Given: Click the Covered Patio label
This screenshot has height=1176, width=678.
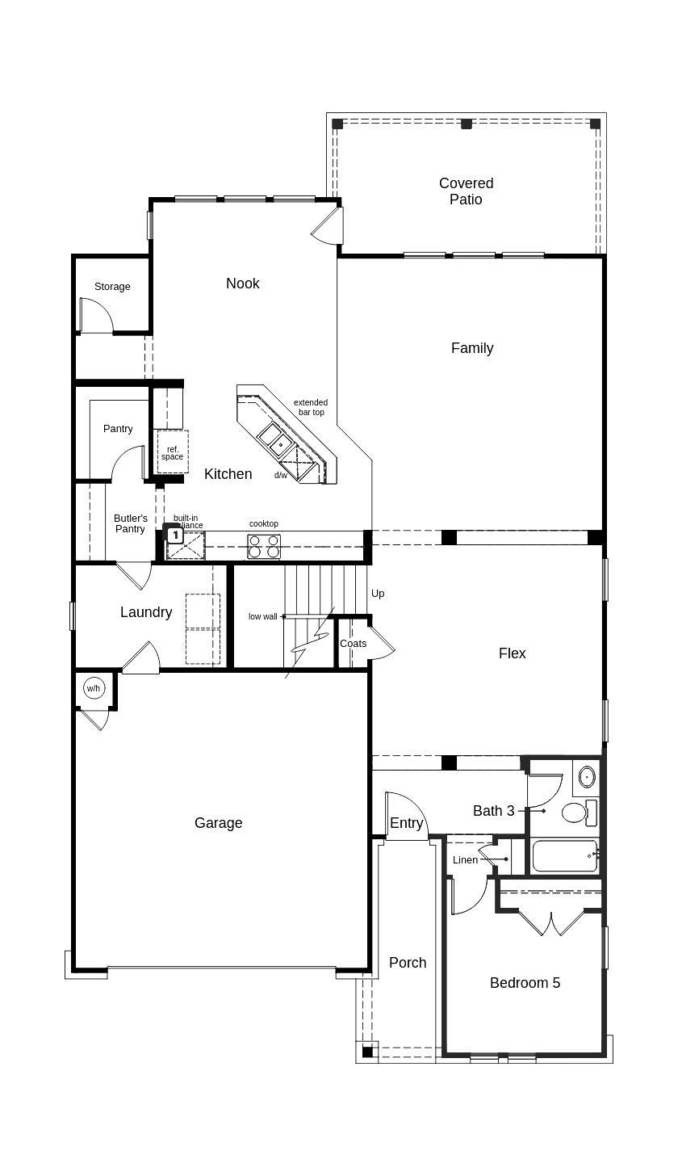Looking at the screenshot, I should click(x=466, y=191).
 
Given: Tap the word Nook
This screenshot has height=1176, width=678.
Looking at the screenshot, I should click(x=242, y=283).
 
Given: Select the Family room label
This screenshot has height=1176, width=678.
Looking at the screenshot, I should click(x=471, y=348).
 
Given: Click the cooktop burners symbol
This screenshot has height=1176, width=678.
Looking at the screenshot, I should click(x=264, y=547).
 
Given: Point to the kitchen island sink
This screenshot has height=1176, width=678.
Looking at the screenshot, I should click(x=275, y=439).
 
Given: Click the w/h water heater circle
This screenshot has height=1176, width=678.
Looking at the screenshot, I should click(x=94, y=689).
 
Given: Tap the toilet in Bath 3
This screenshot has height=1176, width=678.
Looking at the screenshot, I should click(x=574, y=812).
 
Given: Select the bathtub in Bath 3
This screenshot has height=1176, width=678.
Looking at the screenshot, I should click(x=564, y=856).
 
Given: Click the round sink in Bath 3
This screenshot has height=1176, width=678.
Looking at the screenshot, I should click(x=587, y=777).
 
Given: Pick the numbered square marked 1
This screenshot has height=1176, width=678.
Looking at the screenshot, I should click(x=174, y=535).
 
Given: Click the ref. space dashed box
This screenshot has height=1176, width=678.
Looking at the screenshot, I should click(x=172, y=451).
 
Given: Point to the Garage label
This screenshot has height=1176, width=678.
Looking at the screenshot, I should click(x=218, y=823).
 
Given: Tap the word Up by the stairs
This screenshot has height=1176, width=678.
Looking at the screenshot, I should click(x=378, y=594).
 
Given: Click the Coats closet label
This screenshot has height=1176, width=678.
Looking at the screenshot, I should click(x=353, y=644).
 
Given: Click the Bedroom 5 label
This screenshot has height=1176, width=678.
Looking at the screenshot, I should click(x=525, y=983).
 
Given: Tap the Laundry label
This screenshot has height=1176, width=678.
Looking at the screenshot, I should click(x=146, y=612).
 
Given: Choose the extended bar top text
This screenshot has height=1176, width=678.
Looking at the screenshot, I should click(x=311, y=407).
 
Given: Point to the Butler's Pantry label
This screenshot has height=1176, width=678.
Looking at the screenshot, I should click(x=130, y=523).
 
